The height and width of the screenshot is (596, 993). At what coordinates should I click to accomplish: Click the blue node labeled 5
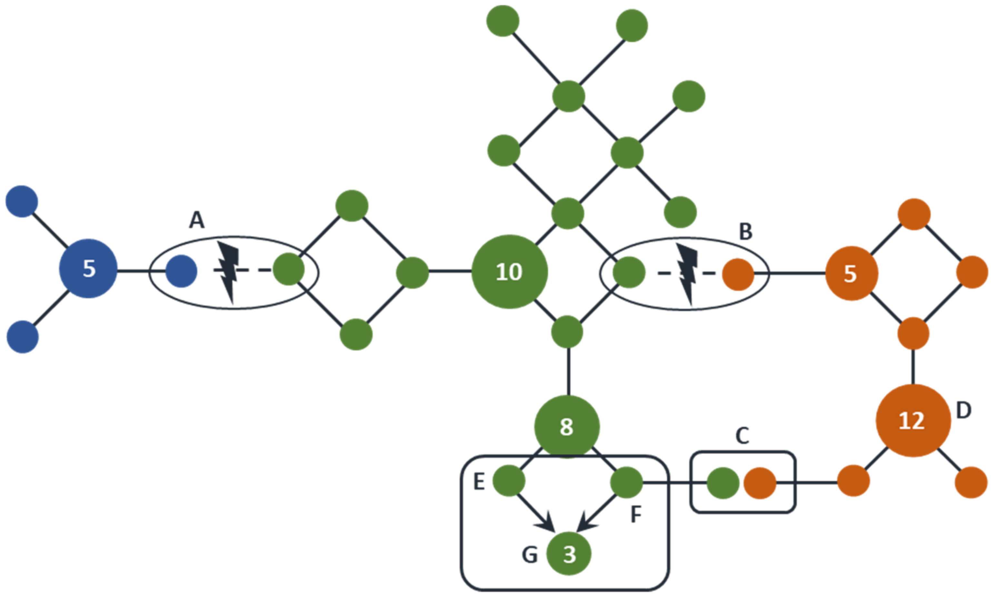pyautogui.click(x=88, y=269)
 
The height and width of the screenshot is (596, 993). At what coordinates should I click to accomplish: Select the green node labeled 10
pyautogui.click(x=509, y=272)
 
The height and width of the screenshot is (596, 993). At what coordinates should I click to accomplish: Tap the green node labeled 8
pyautogui.click(x=567, y=427)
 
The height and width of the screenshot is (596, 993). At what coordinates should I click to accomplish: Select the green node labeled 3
pyautogui.click(x=569, y=553)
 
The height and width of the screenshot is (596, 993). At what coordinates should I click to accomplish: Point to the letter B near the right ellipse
pyautogui.click(x=746, y=232)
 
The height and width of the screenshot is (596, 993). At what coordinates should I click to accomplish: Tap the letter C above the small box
pyautogui.click(x=742, y=436)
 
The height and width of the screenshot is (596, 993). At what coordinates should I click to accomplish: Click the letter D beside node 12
pyautogui.click(x=963, y=411)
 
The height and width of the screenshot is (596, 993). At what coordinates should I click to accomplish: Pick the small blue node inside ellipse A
pyautogui.click(x=182, y=271)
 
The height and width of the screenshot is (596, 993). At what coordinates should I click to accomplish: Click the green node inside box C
pyautogui.click(x=722, y=483)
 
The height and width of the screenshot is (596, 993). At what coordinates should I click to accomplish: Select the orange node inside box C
pyautogui.click(x=760, y=483)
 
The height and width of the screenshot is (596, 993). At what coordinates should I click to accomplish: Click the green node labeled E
pyautogui.click(x=509, y=481)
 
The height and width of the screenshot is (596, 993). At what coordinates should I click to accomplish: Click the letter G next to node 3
pyautogui.click(x=530, y=555)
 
